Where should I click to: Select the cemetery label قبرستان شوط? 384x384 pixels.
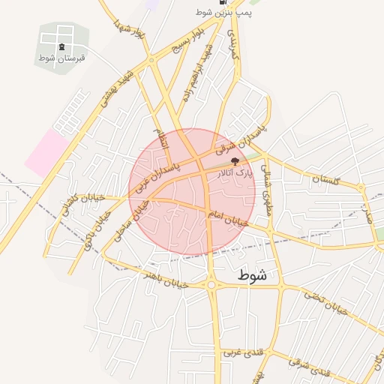61,58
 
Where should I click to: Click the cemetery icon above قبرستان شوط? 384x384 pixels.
61,46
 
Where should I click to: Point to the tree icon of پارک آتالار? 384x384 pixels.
235,161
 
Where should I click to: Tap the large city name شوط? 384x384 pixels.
252,275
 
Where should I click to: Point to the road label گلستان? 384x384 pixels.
326,180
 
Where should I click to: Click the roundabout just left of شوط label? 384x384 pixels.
212,284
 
